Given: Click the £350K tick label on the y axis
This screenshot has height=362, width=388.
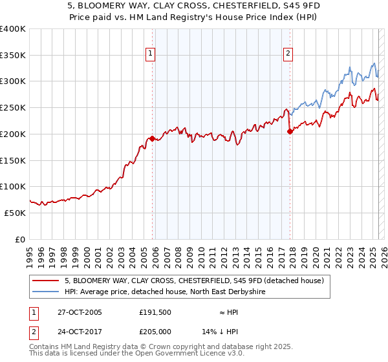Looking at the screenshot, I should [x=13, y=56].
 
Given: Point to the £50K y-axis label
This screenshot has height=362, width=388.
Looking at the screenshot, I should [x=15, y=213].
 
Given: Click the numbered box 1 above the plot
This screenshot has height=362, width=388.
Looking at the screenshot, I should [x=150, y=54].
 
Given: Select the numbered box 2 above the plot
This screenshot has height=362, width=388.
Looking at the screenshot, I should [x=288, y=54].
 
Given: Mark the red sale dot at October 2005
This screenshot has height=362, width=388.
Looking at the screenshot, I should [x=153, y=138].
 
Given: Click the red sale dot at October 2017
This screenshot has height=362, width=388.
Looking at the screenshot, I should [x=290, y=131].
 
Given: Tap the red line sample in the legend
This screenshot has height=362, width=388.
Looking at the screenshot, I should [x=45, y=281].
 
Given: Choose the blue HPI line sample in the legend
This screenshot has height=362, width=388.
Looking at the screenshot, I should [x=45, y=292].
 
